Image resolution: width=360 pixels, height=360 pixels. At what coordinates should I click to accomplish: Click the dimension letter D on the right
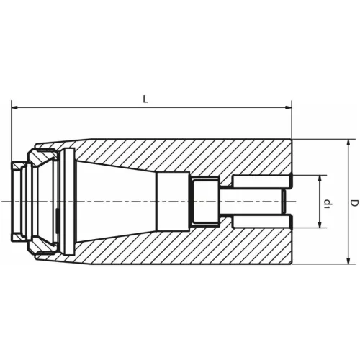[354, 204]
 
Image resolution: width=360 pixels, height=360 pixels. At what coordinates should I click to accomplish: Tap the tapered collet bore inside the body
[115, 201]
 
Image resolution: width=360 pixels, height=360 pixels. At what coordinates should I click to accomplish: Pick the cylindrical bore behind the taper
[172, 201]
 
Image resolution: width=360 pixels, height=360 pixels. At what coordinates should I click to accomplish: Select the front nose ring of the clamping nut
[17, 201]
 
